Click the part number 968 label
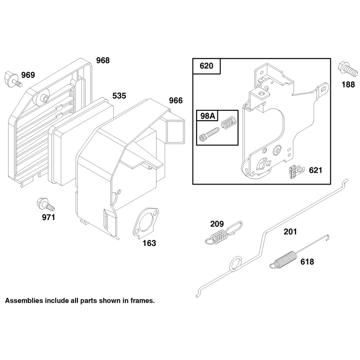coord(103,60)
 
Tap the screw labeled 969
coord(13,79)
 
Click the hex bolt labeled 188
coord(347,69)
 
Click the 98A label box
coord(208,116)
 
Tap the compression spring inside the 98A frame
coord(229,122)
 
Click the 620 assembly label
coord(207,66)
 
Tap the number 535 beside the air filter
coord(119,95)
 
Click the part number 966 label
coord(175,100)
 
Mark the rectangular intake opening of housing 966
coord(175,131)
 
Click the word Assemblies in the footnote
coord(24,301)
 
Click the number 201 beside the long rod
coord(290,232)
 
